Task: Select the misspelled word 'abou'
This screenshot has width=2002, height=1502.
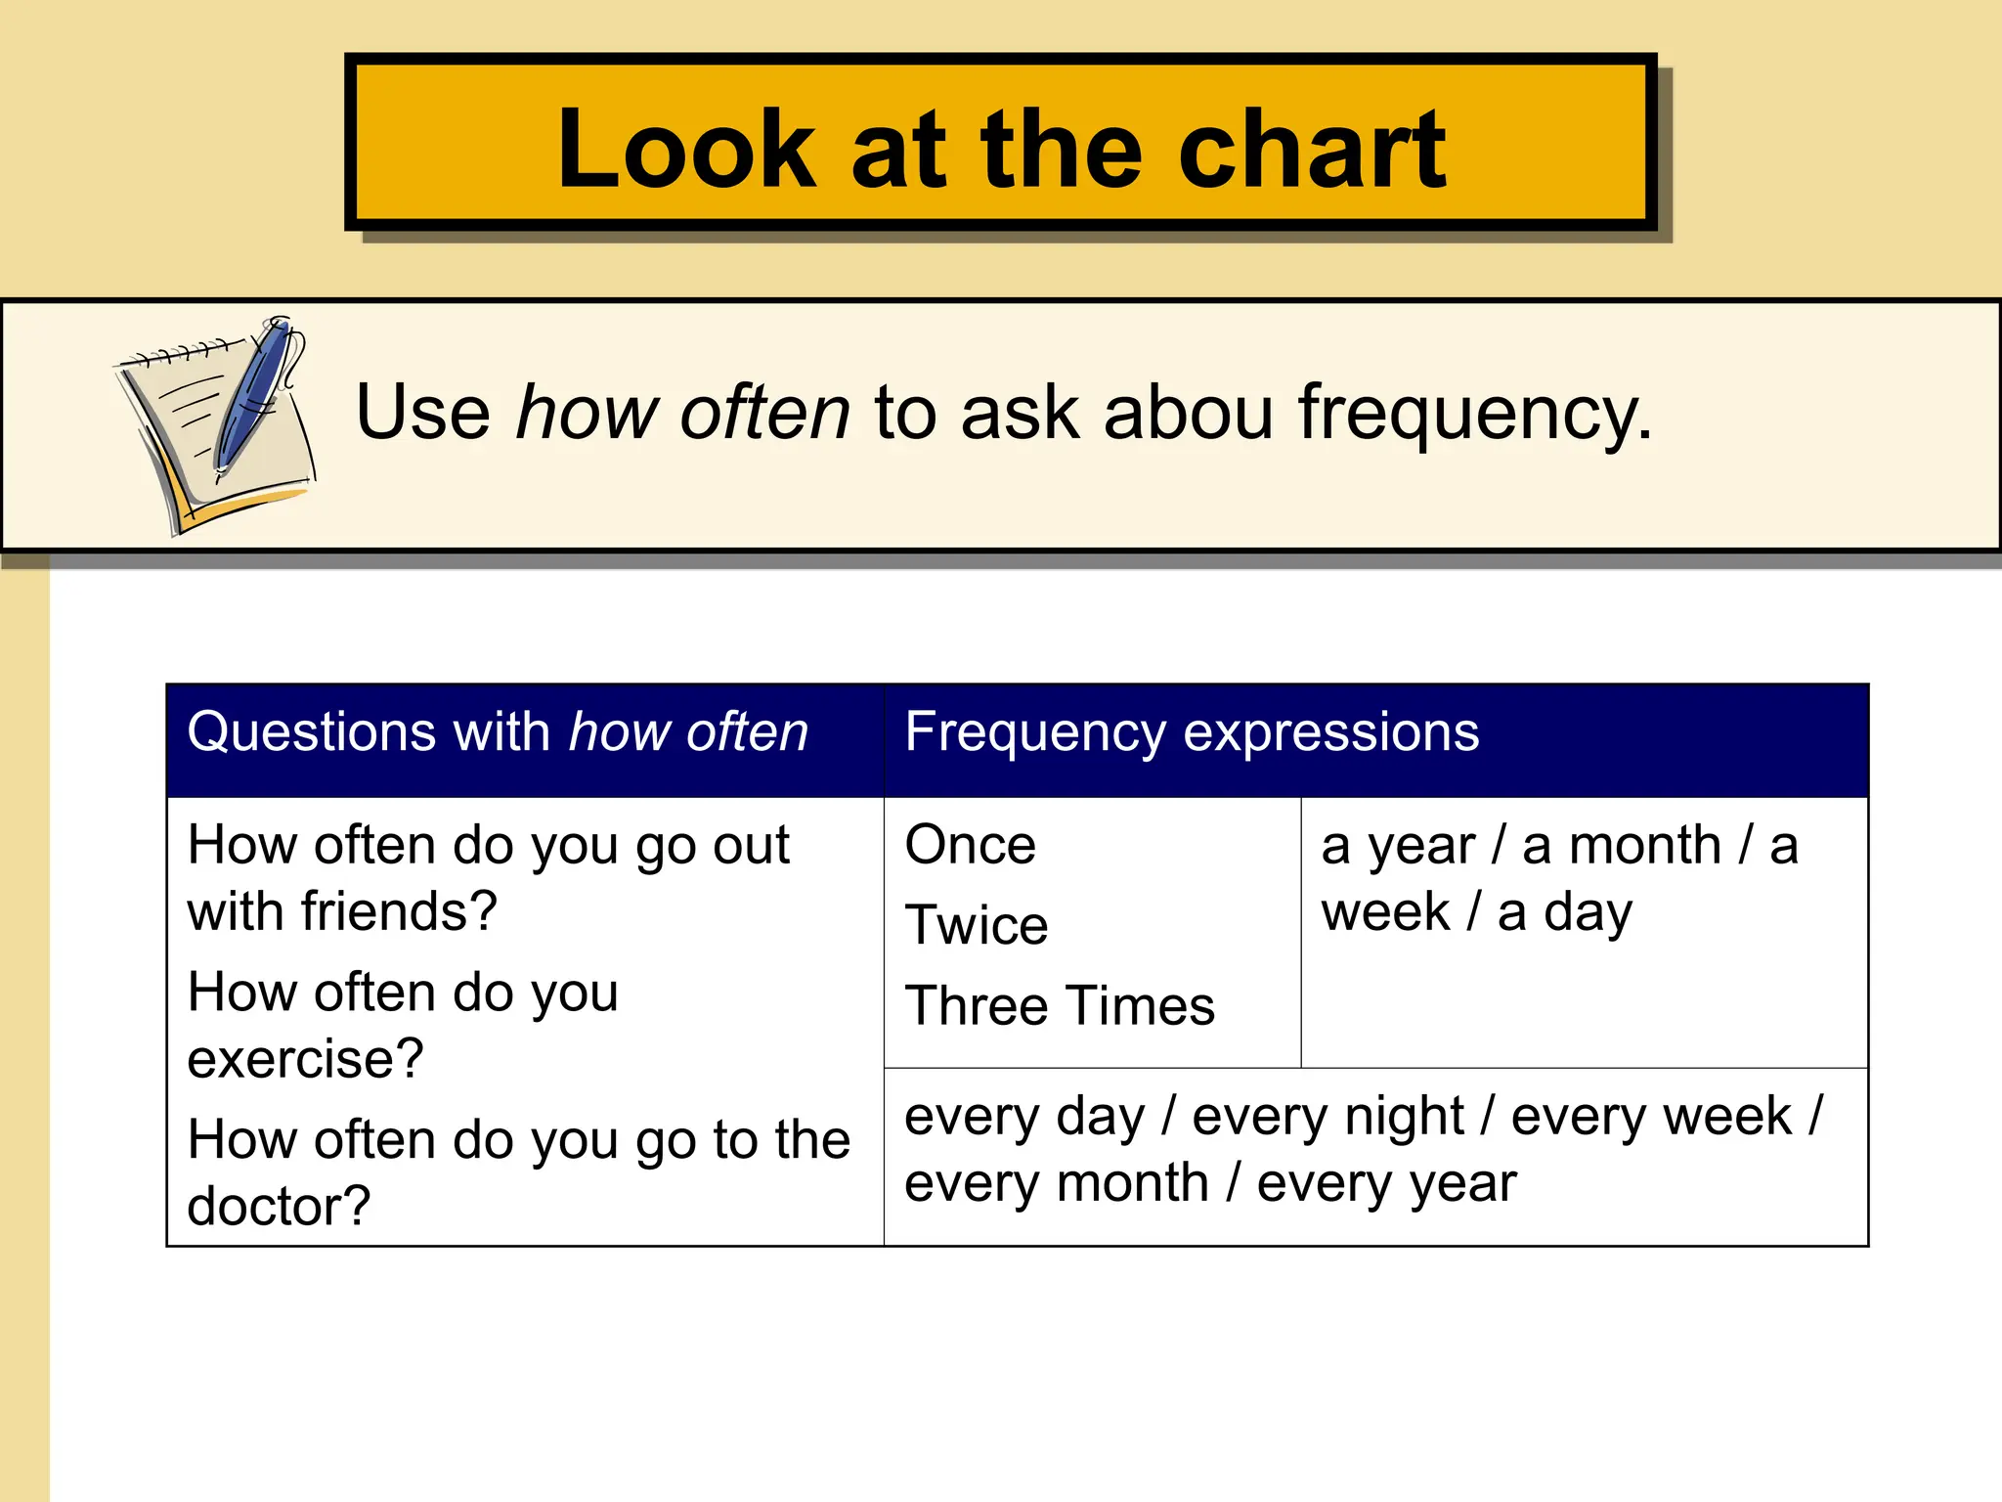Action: pos(1188,412)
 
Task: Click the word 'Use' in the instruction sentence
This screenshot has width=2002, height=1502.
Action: pos(422,412)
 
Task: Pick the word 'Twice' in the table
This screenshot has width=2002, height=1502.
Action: pos(976,925)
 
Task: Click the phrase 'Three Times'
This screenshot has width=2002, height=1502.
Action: pos(1060,1005)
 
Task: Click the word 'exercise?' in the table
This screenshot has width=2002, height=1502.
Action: pos(305,1059)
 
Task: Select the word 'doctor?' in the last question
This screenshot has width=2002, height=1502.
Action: pos(279,1207)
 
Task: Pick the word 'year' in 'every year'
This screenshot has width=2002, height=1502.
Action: pos(1463,1184)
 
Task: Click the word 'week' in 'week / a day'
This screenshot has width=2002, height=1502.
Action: pos(1384,912)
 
